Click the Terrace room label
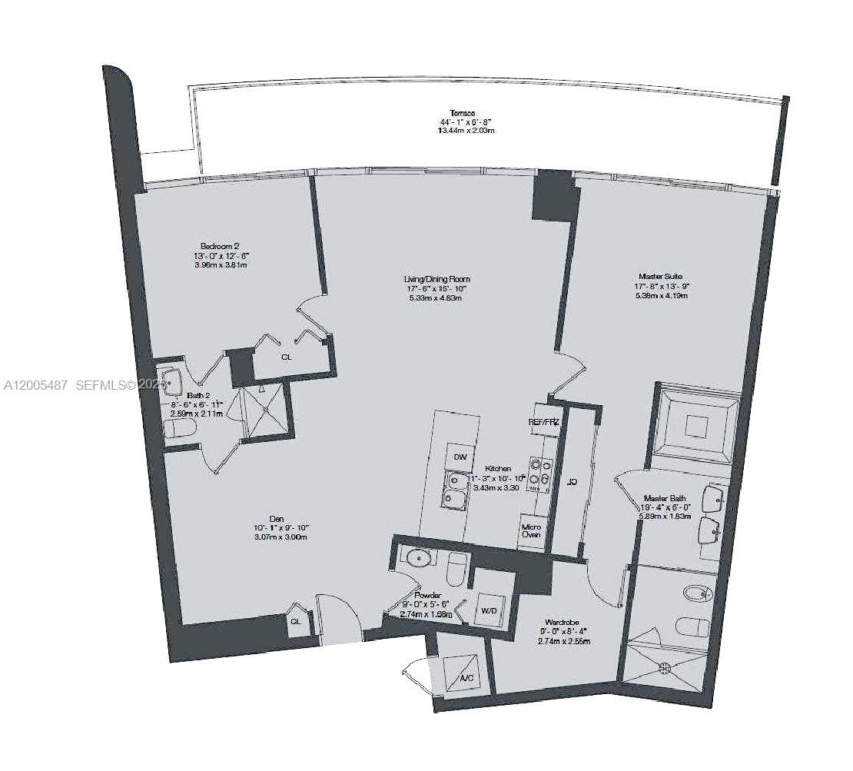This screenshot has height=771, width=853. click(x=463, y=114)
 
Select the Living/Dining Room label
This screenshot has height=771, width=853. click(x=438, y=279)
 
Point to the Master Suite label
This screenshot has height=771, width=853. click(x=660, y=276)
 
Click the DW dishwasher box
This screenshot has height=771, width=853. click(x=460, y=457)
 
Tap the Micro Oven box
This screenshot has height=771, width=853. click(x=531, y=530)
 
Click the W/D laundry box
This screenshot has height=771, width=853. click(x=489, y=611)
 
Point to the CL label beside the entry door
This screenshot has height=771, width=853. click(x=296, y=623)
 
